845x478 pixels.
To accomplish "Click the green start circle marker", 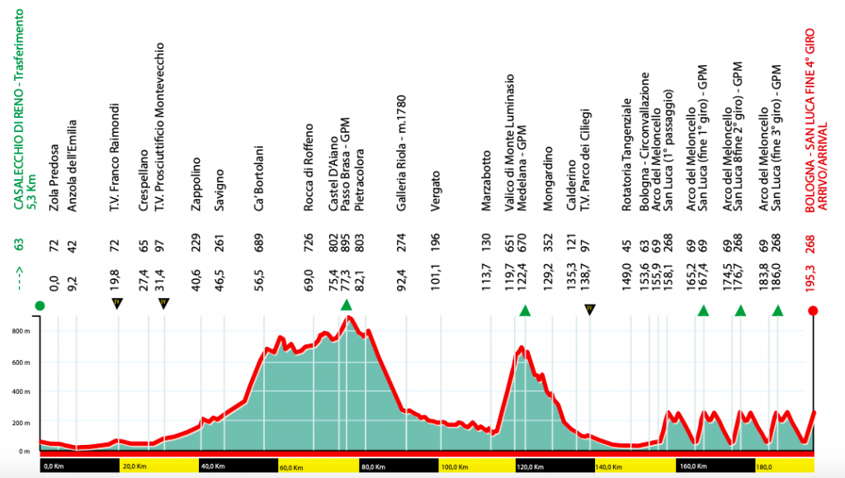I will point(40,307).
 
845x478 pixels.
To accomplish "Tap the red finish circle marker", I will point(814,310).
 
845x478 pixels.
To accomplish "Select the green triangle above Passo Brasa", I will point(347,306).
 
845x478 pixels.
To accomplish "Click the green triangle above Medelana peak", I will point(524,310).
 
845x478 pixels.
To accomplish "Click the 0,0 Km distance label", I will point(54,467).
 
